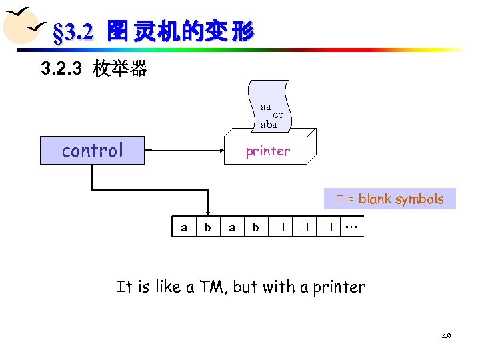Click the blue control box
[x=92, y=151]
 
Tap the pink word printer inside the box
[x=267, y=151]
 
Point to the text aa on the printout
[x=266, y=107]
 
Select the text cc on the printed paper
[x=278, y=115]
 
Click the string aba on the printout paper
[x=269, y=124]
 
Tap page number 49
[x=446, y=337]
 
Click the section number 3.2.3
[x=63, y=68]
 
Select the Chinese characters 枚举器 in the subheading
[x=121, y=68]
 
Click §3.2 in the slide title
[x=76, y=31]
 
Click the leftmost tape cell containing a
[x=184, y=227]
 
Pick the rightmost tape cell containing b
[x=255, y=227]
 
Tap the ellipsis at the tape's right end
[x=351, y=227]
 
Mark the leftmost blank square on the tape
[x=280, y=227]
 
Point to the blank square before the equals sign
[x=339, y=199]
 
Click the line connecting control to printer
[x=184, y=151]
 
